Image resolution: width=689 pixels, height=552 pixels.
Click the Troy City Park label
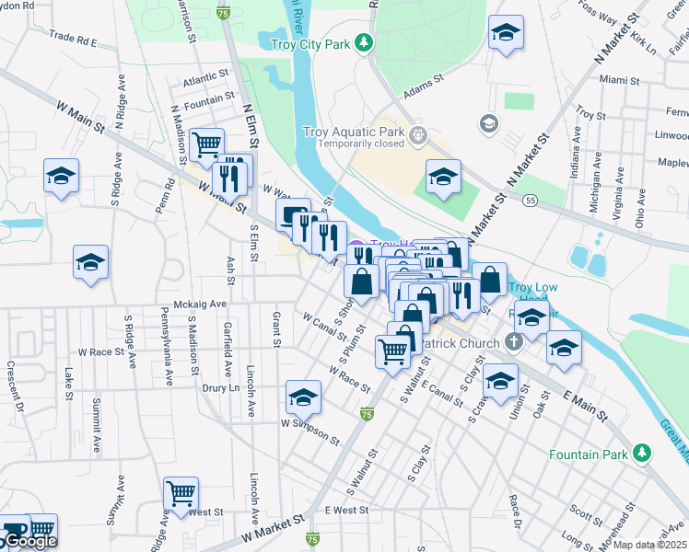312,43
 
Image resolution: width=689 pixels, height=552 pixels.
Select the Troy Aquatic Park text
354,132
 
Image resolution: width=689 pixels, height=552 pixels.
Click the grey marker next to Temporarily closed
418,136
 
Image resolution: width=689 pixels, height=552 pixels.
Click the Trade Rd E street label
74,40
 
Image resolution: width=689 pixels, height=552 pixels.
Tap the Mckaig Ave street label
200,304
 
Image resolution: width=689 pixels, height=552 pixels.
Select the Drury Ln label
220,388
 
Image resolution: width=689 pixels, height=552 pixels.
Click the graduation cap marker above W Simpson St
302,396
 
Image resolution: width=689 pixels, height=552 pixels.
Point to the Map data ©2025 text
649,545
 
